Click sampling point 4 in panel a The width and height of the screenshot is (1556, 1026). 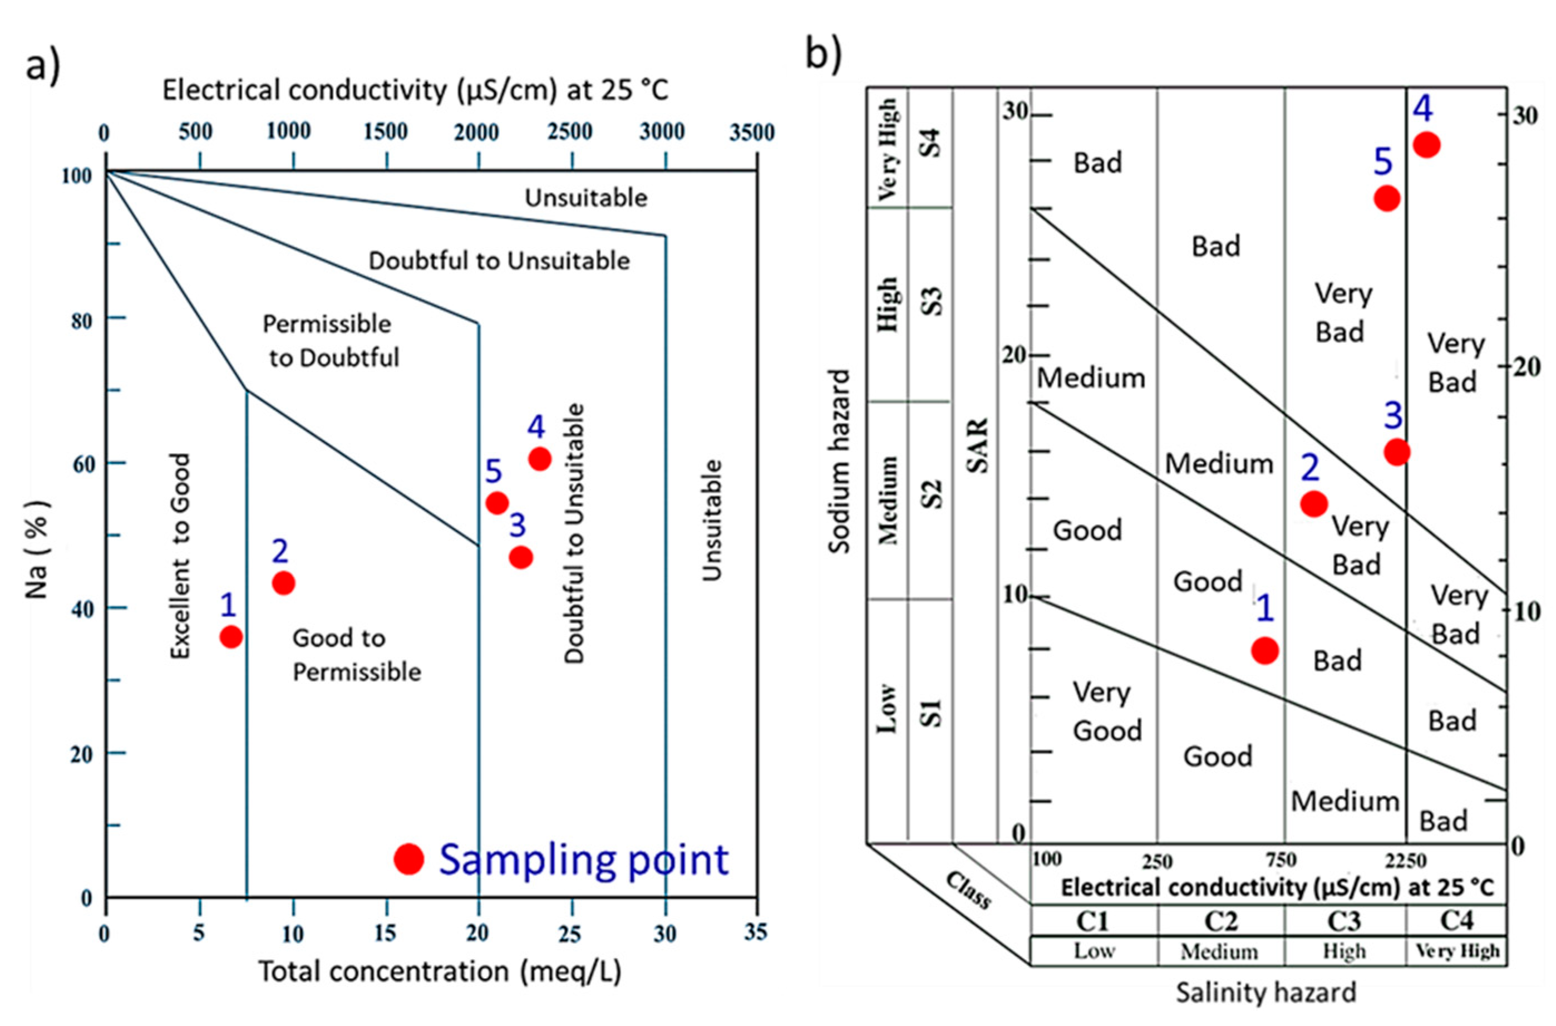[x=539, y=459]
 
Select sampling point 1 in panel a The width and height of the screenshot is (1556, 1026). [x=231, y=636]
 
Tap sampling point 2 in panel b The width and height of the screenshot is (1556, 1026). [x=1313, y=503]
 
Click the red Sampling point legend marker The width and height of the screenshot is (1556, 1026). [x=409, y=858]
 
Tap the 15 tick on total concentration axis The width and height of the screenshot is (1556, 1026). [x=385, y=932]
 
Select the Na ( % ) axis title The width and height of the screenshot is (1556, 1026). [x=37, y=549]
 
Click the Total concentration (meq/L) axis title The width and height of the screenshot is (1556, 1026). [x=440, y=971]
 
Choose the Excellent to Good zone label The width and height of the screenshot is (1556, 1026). [x=180, y=556]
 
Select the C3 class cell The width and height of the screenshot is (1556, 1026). [x=1343, y=921]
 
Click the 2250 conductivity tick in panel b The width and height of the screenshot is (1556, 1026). [x=1406, y=860]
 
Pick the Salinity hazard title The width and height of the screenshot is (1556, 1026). [x=1266, y=993]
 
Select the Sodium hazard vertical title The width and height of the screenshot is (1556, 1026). [x=839, y=462]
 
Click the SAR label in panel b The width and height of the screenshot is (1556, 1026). [x=978, y=445]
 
